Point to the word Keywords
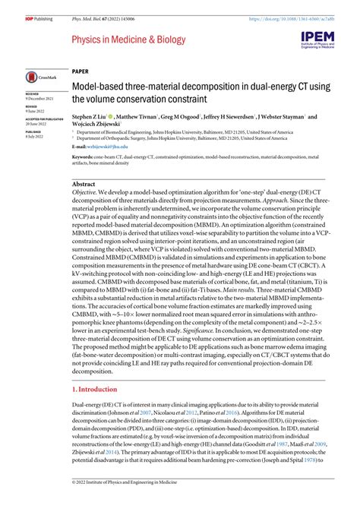[82, 156]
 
